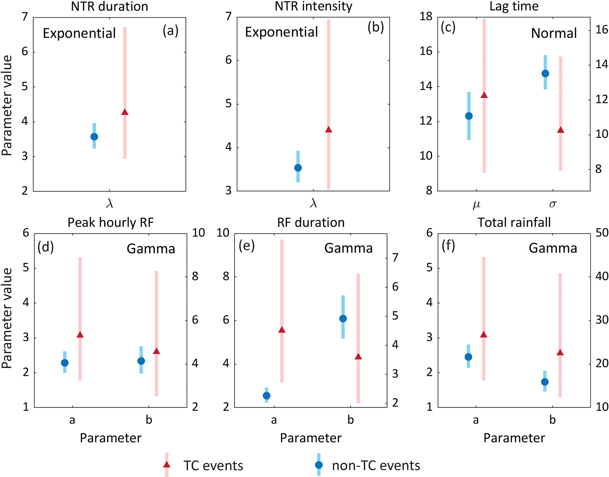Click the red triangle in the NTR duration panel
click(x=125, y=112)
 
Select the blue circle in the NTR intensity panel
click(x=298, y=168)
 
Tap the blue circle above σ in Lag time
click(x=545, y=73)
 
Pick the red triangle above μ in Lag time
click(x=484, y=95)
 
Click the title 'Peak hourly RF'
click(x=110, y=223)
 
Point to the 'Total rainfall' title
click(x=514, y=223)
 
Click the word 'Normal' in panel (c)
click(x=554, y=33)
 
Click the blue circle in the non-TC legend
click(x=319, y=465)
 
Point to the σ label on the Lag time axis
click(x=553, y=204)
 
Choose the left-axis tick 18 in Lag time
click(x=426, y=17)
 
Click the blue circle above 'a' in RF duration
click(x=266, y=395)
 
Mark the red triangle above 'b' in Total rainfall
click(x=560, y=352)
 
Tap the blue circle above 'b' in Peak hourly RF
click(x=141, y=361)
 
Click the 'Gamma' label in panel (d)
click(x=151, y=249)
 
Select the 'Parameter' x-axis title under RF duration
click(x=311, y=438)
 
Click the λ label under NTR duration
click(x=110, y=203)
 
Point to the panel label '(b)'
click(x=375, y=27)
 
